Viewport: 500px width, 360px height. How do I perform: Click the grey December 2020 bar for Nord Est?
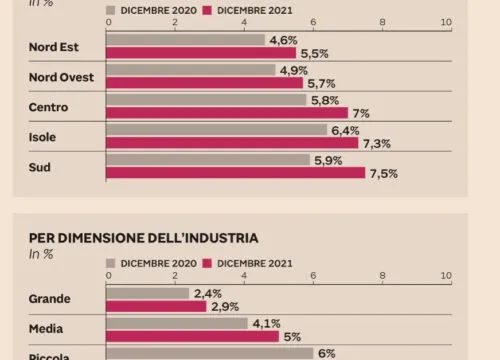[185, 40]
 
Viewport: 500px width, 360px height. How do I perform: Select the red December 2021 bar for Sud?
[235, 172]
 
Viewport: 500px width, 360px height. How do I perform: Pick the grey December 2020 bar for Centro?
[205, 100]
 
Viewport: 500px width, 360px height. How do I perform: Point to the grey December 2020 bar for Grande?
[147, 293]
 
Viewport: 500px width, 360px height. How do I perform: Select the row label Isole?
[44, 136]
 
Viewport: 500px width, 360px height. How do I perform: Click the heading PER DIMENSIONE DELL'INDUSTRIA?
[143, 238]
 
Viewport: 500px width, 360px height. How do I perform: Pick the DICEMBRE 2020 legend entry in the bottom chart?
[155, 264]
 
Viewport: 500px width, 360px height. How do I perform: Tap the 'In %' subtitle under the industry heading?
[42, 254]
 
